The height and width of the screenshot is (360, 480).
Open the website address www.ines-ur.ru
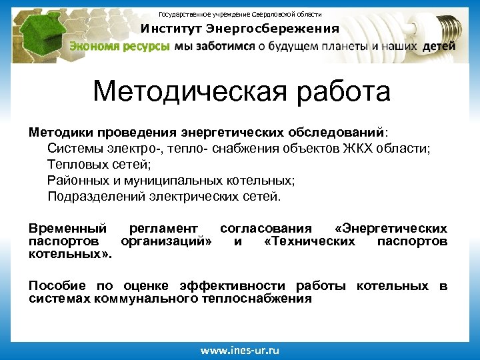(x=240, y=349)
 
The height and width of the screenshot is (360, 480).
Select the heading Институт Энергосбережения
(x=239, y=29)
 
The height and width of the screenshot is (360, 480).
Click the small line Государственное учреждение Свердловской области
(x=240, y=14)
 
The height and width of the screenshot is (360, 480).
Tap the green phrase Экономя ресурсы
(x=120, y=47)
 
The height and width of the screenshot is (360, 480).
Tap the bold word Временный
(x=67, y=229)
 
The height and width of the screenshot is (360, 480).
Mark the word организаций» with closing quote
(x=167, y=241)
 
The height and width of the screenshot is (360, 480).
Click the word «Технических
(x=309, y=241)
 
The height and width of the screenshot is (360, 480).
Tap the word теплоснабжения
(x=261, y=299)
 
